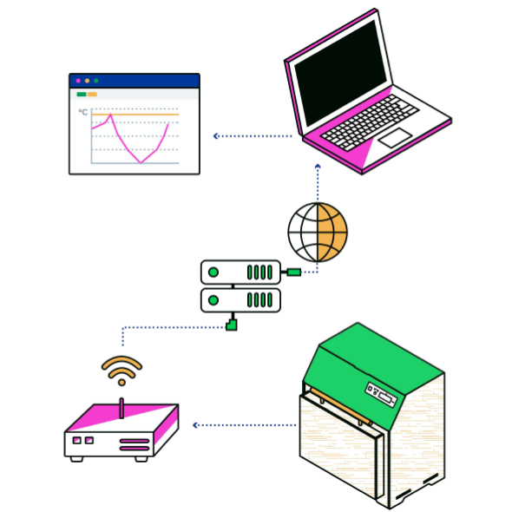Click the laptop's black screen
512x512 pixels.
(340, 73)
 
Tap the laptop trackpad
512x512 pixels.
(395, 138)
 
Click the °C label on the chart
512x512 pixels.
(83, 112)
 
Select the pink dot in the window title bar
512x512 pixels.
(78, 81)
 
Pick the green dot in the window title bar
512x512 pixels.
(96, 81)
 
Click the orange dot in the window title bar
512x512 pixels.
(87, 81)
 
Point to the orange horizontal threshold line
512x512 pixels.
(135, 115)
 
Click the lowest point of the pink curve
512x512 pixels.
(141, 162)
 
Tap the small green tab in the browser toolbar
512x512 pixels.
(82, 95)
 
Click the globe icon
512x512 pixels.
(318, 233)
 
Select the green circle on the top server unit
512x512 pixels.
(213, 272)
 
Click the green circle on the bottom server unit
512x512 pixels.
(213, 300)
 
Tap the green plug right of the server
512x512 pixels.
(293, 272)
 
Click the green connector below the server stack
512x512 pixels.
(232, 325)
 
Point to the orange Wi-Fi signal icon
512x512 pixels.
(121, 371)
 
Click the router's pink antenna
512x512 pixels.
(121, 408)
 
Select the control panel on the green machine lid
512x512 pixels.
(381, 395)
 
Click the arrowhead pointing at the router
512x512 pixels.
(195, 425)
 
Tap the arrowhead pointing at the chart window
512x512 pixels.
(215, 136)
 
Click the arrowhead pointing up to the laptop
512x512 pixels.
(318, 167)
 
